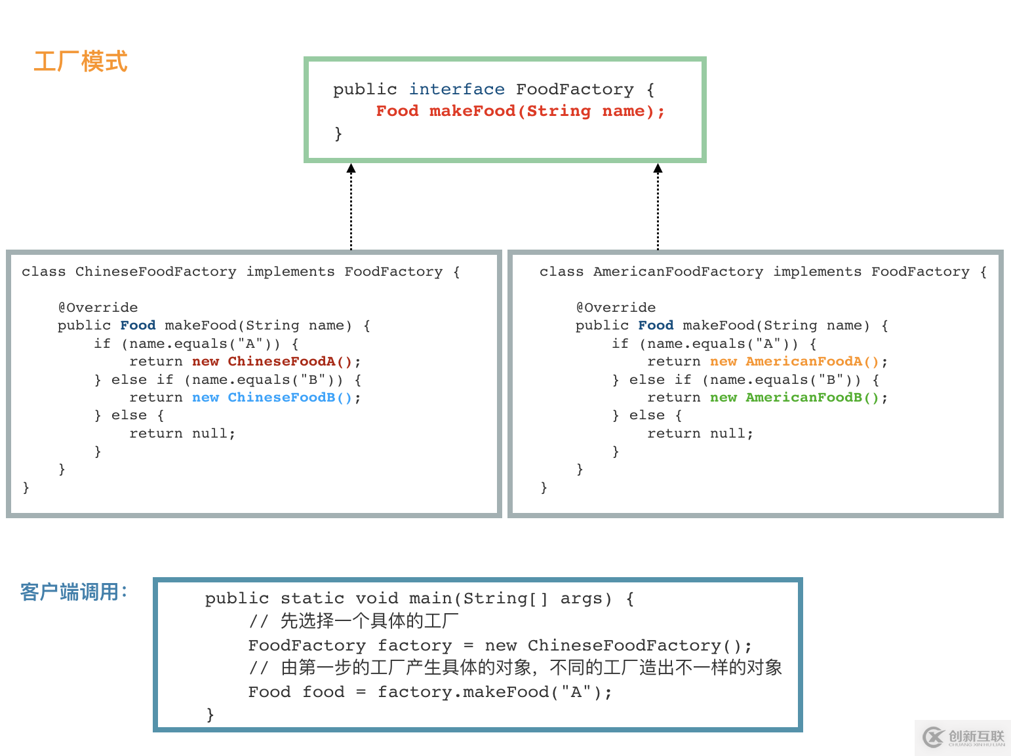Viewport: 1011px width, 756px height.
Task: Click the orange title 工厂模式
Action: pos(80,62)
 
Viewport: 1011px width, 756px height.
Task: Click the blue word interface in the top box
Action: pos(457,89)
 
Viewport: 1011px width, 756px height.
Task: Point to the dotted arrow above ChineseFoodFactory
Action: pos(351,206)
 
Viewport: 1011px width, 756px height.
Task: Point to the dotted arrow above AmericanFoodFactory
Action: pos(658,206)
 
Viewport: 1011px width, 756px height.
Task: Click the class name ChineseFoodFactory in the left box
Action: pos(155,272)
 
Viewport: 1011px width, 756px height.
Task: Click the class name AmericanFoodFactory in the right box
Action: pos(678,272)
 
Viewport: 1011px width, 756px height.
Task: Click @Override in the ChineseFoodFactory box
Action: pos(98,308)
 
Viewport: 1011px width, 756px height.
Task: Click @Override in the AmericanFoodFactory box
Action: pos(616,308)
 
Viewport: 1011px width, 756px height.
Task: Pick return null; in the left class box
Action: pos(182,434)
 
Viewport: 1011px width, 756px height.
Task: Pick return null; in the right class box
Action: pos(700,434)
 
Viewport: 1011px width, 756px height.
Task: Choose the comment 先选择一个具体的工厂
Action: pos(369,621)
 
